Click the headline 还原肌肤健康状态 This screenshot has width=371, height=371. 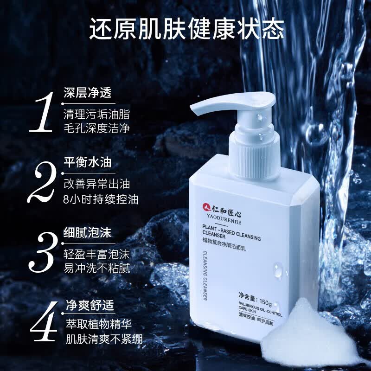point(187,29)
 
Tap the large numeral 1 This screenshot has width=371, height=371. point(42,112)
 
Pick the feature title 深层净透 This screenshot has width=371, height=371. point(88,92)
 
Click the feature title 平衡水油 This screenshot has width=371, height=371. point(88,163)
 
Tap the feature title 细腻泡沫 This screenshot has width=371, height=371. point(88,233)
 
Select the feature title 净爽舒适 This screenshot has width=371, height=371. point(90,305)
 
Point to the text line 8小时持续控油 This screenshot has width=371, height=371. point(101,199)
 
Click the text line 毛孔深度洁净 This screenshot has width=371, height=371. point(97,128)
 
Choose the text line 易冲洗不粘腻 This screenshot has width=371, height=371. point(97,269)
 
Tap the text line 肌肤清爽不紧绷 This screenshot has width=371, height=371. point(104,339)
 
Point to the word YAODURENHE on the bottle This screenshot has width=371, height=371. point(224,219)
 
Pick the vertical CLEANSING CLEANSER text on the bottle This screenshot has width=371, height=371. point(205,276)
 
